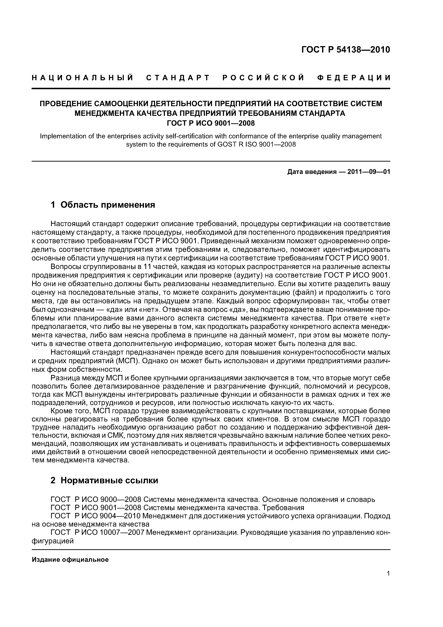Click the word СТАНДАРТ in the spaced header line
tap(178, 78)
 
